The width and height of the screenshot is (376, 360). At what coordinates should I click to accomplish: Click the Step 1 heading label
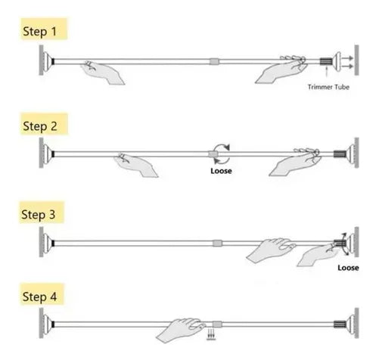(39, 32)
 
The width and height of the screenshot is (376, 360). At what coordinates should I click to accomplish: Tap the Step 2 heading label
(40, 126)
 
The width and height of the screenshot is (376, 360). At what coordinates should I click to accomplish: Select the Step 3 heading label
(38, 215)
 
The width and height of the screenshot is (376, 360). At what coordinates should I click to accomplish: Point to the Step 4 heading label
(39, 296)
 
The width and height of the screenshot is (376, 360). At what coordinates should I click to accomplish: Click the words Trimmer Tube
(328, 87)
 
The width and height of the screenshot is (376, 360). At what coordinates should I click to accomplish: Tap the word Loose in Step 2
(221, 171)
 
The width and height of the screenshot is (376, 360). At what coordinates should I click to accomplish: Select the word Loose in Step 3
(348, 268)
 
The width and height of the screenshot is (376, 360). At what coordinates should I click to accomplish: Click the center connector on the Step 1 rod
(215, 61)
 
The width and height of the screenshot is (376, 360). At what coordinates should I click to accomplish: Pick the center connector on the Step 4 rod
(217, 324)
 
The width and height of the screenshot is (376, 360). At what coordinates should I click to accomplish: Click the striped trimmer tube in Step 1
(326, 61)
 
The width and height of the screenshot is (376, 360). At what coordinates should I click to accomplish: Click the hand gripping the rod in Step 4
(181, 330)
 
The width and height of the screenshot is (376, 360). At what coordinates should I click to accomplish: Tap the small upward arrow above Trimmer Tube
(327, 71)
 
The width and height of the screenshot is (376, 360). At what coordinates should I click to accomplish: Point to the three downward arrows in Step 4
(211, 334)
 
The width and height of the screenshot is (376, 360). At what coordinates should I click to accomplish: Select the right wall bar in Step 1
(356, 60)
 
